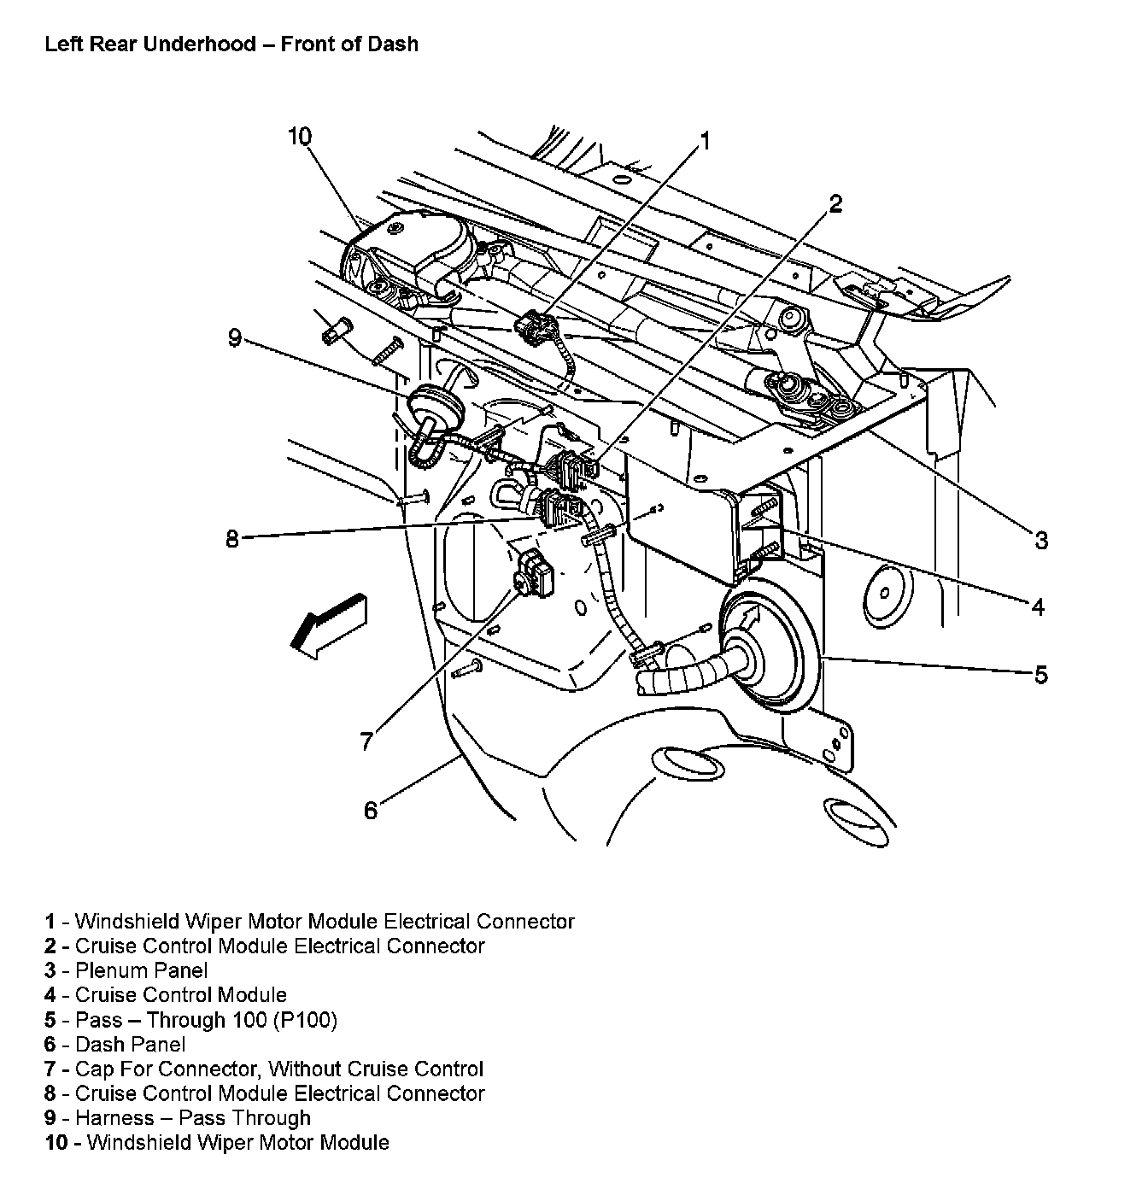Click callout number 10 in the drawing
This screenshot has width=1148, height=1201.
pos(300,137)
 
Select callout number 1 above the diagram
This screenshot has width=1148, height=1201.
pos(706,141)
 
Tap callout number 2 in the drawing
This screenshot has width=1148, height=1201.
pos(835,203)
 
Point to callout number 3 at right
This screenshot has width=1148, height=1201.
pos(1040,540)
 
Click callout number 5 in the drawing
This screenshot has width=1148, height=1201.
pos(1040,675)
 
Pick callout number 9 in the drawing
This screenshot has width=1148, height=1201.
pos(235,339)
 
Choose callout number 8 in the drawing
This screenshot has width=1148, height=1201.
pos(232,540)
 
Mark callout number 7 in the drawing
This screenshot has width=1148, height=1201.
pos(366,741)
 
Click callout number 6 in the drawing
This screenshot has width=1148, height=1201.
pos(370,810)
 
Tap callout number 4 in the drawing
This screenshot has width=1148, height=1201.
pos(1037,607)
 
